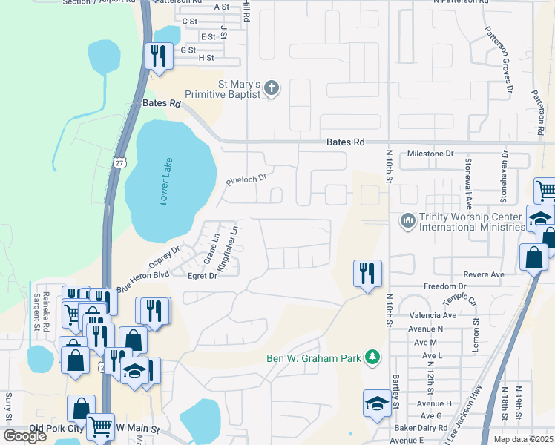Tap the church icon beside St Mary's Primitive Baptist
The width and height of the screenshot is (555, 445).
click(x=272, y=89)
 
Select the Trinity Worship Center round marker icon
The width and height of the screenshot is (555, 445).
click(x=407, y=221)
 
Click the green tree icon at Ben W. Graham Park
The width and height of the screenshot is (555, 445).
click(x=372, y=358)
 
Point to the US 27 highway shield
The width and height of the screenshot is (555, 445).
click(x=120, y=161)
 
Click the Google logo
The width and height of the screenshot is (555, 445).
click(x=24, y=435)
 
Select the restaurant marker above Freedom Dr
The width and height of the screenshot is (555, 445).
click(x=367, y=274)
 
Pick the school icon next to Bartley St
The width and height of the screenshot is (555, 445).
click(x=377, y=404)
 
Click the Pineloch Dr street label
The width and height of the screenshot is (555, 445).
click(x=246, y=179)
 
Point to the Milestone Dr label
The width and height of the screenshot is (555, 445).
click(x=430, y=154)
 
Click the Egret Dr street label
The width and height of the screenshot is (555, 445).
click(x=202, y=276)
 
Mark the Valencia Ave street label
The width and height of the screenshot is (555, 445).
click(x=426, y=315)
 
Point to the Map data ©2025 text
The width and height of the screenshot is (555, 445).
click(x=523, y=439)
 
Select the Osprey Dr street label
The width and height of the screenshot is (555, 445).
click(x=165, y=260)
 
